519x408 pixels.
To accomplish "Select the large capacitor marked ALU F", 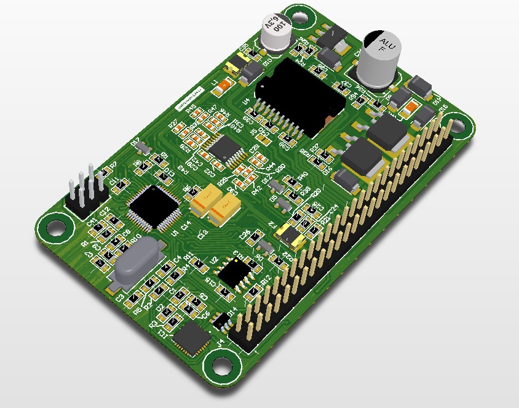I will (380, 57).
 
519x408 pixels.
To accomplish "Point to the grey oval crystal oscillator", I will (137, 262).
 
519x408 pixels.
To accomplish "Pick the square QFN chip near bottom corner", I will (192, 339).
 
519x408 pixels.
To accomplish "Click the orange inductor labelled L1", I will (224, 86).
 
